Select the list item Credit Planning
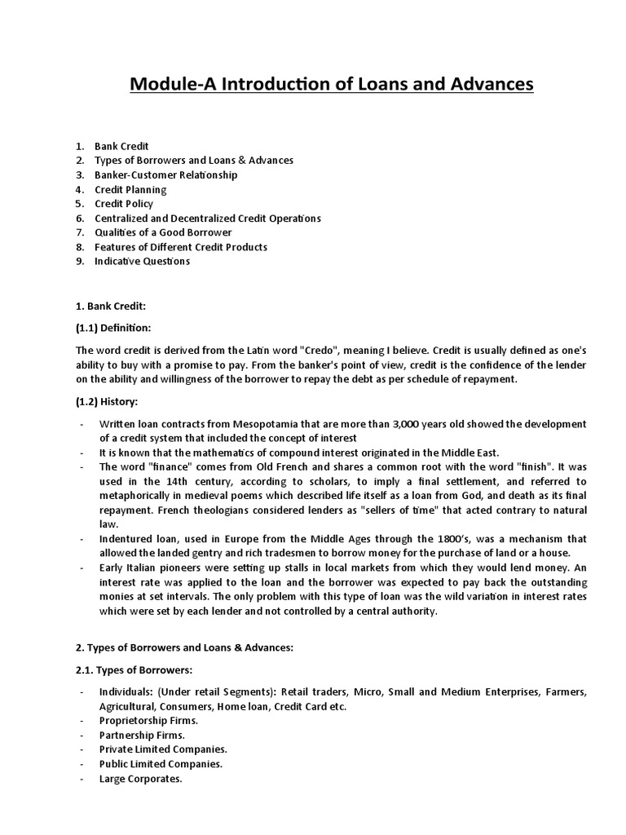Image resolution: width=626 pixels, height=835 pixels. (x=130, y=189)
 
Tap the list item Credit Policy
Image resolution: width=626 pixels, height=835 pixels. (x=124, y=204)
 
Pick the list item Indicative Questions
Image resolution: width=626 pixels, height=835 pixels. (x=142, y=261)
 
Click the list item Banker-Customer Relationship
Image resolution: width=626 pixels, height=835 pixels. (x=166, y=175)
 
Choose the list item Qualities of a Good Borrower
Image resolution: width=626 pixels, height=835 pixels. (x=163, y=232)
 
